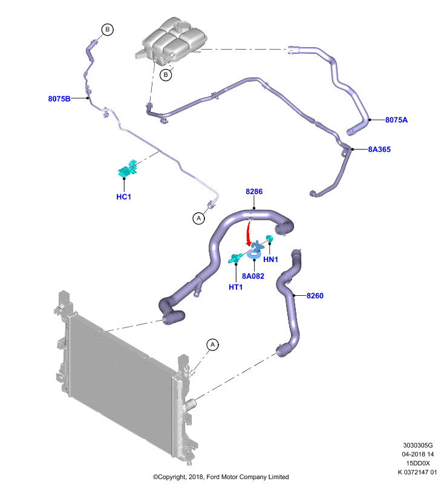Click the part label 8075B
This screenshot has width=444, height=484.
coord(59,99)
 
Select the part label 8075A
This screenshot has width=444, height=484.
coord(396,120)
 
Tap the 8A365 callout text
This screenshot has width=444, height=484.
coord(379,149)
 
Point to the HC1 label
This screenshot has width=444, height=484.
coord(124,197)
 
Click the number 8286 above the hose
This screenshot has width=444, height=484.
coord(254,191)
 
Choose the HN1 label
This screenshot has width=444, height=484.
coord(270,260)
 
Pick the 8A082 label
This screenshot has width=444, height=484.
coord(253,276)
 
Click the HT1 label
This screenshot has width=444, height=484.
coord(236,287)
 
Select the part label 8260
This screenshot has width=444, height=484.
coord(315,296)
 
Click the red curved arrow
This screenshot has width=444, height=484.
coord(247,233)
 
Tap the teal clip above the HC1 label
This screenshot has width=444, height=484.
coord(128,168)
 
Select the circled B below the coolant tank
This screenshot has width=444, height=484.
coord(166,74)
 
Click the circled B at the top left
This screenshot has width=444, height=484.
coord(108,29)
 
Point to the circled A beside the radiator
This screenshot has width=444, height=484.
coord(212,344)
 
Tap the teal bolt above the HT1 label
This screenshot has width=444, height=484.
coord(235,258)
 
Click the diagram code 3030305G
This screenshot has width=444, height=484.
coord(418,445)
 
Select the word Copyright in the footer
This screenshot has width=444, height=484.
coord(171,477)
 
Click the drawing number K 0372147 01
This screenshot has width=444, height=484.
coord(417,472)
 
